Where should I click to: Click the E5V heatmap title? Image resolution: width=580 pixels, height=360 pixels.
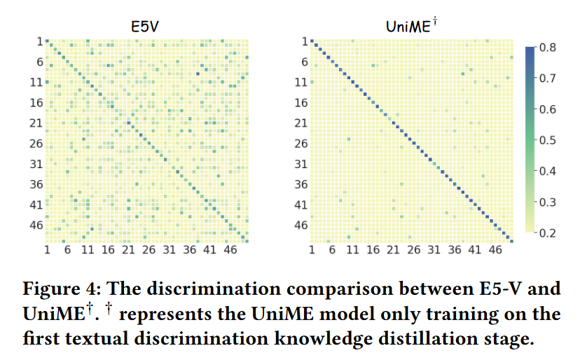146,27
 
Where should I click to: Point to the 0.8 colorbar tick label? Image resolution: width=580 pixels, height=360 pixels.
548,48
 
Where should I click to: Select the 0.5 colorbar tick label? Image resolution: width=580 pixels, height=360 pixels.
548,140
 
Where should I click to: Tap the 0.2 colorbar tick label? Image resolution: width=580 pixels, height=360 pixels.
548,233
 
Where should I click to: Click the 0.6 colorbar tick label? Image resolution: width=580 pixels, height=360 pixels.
548,109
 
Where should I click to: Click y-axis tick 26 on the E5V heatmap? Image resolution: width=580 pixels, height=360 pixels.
36,144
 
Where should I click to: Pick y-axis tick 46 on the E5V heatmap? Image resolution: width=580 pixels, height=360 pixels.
36,226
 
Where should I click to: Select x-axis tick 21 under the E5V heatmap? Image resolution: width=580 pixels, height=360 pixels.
127,250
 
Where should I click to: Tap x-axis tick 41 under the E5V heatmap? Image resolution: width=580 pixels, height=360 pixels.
209,250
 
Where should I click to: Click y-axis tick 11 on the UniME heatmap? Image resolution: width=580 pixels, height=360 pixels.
301,82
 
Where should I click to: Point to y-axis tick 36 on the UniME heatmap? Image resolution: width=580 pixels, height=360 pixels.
301,184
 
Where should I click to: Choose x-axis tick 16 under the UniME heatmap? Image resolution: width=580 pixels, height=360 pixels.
373,250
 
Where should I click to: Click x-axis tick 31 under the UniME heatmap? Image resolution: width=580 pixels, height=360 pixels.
434,250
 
